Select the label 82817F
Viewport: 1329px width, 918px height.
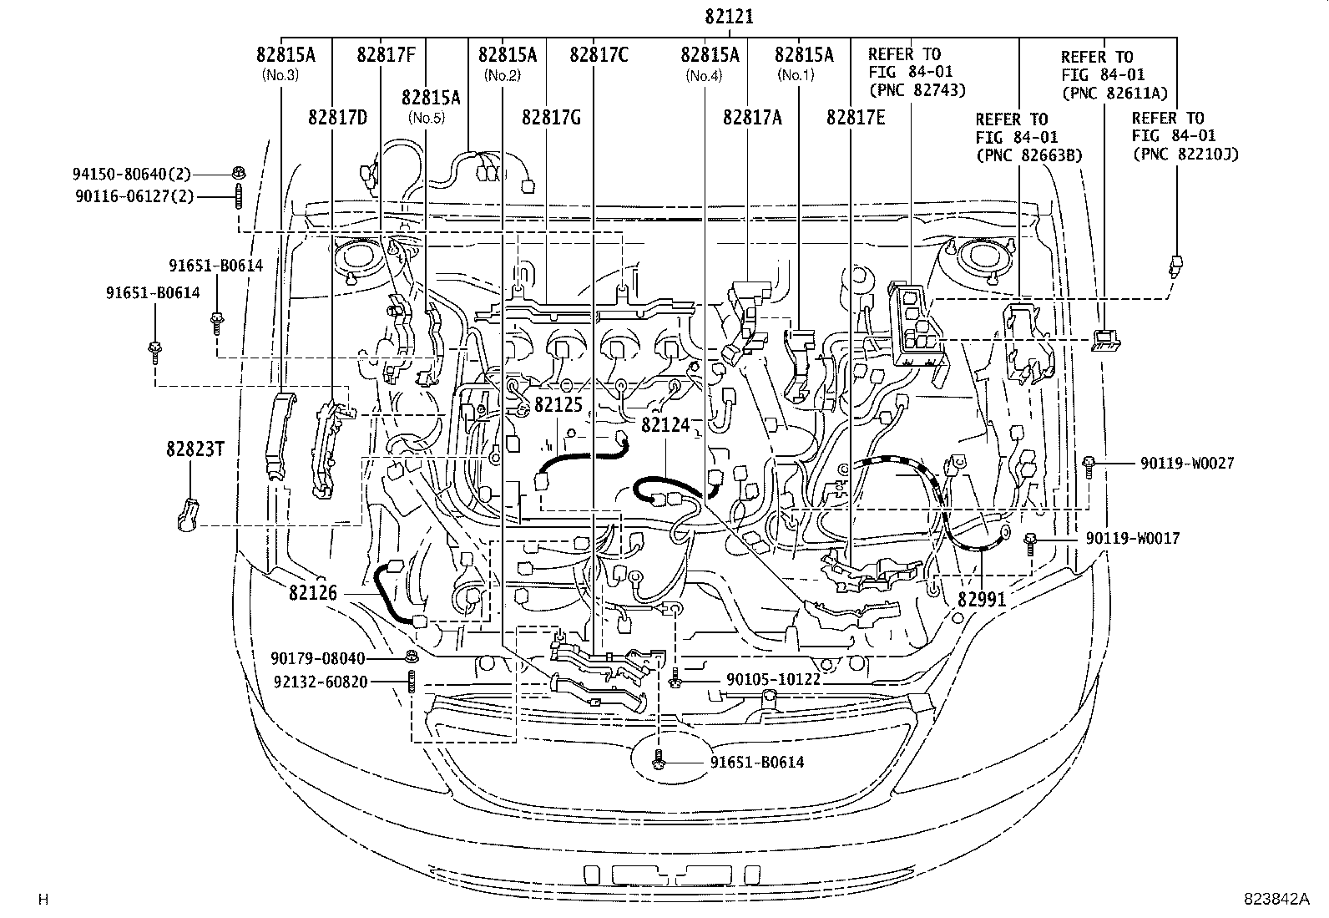[386, 55]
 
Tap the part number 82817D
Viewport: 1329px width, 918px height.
[337, 117]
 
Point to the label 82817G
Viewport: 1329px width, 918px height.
[551, 117]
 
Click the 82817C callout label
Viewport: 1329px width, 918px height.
[599, 55]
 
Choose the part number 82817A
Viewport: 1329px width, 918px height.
[752, 117]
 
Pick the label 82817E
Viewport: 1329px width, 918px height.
[856, 117]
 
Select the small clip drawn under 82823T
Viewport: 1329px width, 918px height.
[187, 513]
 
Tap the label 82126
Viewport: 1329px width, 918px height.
[313, 593]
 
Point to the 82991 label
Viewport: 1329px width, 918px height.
[981, 599]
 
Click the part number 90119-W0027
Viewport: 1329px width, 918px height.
[1188, 463]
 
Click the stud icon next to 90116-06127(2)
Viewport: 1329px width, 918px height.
[239, 198]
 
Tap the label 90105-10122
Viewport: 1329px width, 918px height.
[774, 680]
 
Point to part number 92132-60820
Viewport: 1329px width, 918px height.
[321, 682]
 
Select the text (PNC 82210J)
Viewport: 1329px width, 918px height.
[1186, 154]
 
